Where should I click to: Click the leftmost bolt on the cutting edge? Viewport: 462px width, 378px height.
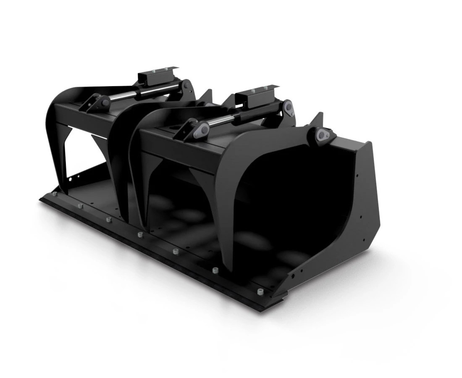tap(54, 194)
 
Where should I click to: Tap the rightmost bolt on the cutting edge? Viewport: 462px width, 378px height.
tap(260, 291)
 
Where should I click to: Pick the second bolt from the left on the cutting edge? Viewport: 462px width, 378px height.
tap(79, 206)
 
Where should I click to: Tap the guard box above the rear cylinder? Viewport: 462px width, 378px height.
tap(157, 76)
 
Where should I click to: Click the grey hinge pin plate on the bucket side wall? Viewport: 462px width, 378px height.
tap(323, 135)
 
